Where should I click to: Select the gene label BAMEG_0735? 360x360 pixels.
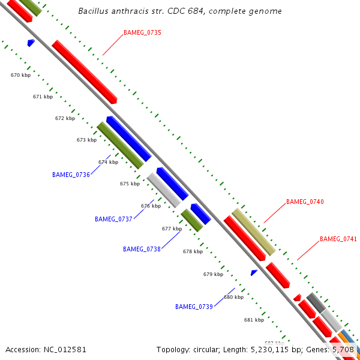142,32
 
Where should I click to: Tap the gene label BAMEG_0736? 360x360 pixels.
71,175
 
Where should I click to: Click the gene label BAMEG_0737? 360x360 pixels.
113,220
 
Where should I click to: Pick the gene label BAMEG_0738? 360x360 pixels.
142,249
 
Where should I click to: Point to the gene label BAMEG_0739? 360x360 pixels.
194,307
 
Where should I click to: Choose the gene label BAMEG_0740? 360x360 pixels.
305,202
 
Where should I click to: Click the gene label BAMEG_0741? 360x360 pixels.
338,239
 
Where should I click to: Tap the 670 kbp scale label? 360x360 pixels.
20,76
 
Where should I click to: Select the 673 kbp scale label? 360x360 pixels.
86,140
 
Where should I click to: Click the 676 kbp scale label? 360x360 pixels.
151,206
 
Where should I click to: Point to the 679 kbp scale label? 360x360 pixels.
213,275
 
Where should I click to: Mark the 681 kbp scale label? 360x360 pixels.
254,320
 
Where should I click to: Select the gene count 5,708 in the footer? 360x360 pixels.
343,349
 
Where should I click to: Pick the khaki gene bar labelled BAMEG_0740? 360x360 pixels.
253,231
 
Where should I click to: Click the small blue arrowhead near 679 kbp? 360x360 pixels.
254,273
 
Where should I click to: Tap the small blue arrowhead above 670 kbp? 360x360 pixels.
31,43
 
